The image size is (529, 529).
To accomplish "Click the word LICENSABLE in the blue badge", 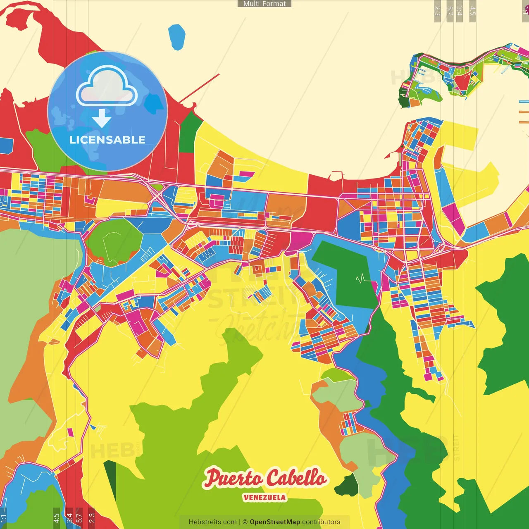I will tap(107, 140).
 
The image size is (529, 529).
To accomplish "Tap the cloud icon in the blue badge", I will tap(107, 87).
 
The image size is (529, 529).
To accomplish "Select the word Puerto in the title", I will tap(232, 478).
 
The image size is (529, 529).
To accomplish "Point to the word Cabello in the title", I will tap(295, 478).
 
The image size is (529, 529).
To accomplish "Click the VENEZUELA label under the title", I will tap(264, 497).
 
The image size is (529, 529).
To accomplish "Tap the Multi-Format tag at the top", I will tap(264, 4).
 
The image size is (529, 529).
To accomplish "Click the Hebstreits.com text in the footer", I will tap(212, 522).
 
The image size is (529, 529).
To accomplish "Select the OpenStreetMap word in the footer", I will tap(274, 522).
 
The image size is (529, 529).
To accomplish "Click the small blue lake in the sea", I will tap(177, 37).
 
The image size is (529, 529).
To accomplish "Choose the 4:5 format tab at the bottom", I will tap(56, 517).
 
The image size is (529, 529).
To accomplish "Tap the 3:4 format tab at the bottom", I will tap(69, 517).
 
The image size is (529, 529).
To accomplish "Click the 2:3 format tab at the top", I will tap(437, 11).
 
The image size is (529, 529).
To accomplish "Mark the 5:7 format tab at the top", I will tap(450, 11).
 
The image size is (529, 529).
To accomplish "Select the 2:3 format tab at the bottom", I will tap(91, 517).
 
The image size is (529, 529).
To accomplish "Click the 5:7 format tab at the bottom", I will tap(79, 517).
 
